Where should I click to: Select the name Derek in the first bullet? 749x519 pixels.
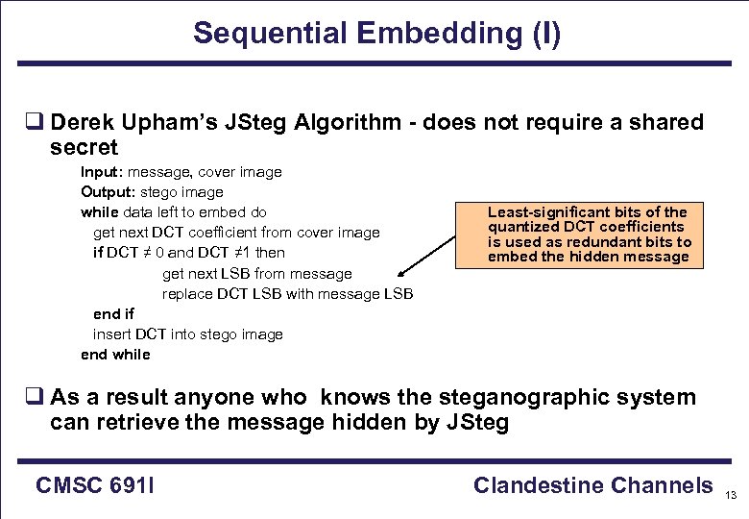(84, 123)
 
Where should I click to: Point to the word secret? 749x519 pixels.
(84, 147)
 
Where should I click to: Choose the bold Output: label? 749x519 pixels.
(104, 192)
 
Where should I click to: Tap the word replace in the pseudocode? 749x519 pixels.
(188, 294)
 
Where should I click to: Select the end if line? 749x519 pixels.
(113, 314)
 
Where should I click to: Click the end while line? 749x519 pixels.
(115, 355)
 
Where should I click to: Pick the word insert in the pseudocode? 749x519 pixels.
(111, 334)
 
